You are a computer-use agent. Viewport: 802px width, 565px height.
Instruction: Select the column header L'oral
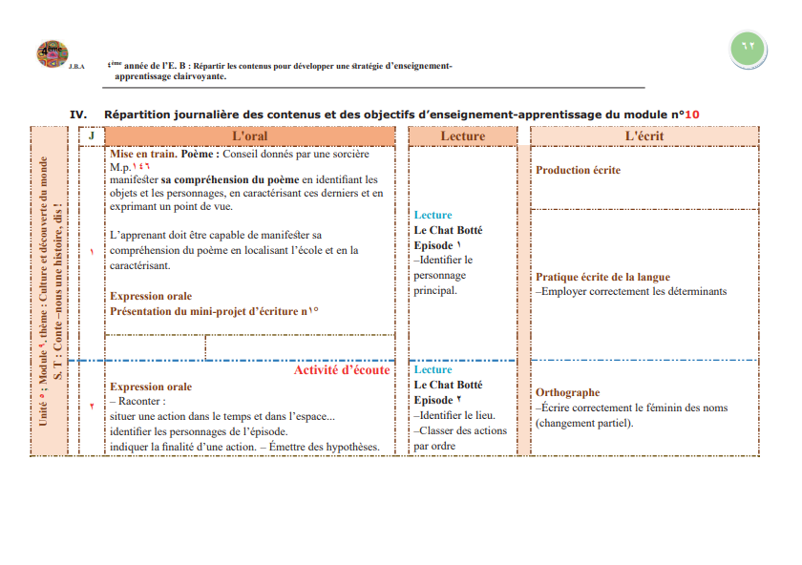250,136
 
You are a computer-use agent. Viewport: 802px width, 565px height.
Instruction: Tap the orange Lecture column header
462,136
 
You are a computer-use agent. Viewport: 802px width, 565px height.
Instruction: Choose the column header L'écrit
644,136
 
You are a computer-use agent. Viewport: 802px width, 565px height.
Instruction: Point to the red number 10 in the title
691,114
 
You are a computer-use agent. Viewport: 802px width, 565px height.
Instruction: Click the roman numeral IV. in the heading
78,114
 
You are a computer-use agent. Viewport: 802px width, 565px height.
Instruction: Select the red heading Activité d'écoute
341,370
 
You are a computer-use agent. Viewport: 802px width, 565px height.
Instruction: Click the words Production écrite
578,170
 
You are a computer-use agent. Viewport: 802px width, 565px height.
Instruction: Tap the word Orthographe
567,392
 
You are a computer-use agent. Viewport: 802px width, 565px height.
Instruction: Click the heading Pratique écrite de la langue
602,277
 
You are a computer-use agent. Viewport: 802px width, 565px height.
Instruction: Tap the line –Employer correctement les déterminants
631,291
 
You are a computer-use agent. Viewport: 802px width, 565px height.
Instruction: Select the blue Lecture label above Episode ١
433,215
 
